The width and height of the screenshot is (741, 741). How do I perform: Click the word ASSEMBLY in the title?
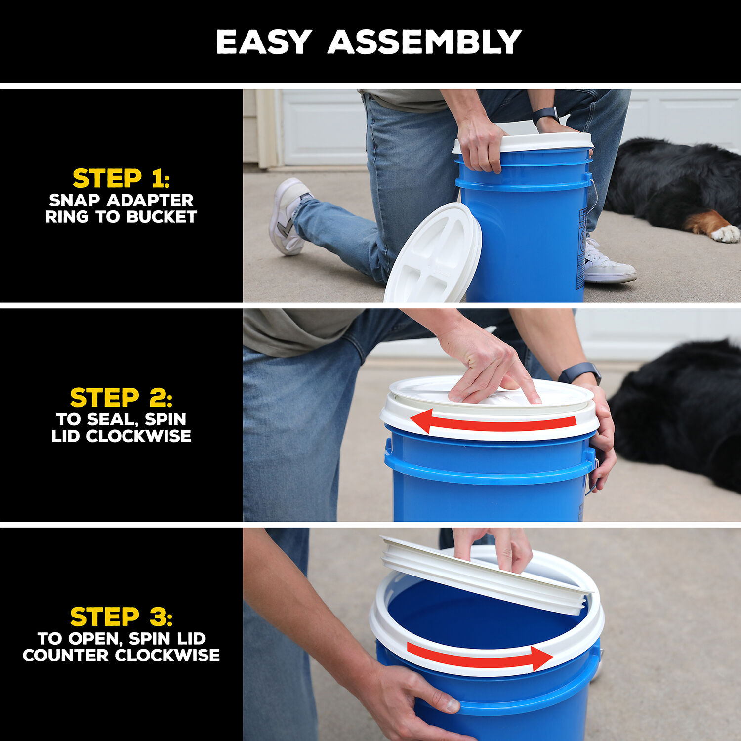pos(424,42)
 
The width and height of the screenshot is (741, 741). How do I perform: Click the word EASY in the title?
pos(264,42)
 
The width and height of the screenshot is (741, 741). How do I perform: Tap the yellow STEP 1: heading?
pos(121,178)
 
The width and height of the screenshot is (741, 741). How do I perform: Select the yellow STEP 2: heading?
pos(121,398)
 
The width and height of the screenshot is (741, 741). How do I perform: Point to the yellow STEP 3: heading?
pos(121,617)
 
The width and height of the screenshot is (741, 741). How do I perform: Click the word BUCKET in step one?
pos(161,217)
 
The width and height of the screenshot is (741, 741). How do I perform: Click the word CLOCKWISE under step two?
pos(138,436)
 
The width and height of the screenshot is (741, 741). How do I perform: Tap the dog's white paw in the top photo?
pos(725,233)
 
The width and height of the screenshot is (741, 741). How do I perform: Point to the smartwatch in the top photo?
pos(545,115)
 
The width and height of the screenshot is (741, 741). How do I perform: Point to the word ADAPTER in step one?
pos(150,200)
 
